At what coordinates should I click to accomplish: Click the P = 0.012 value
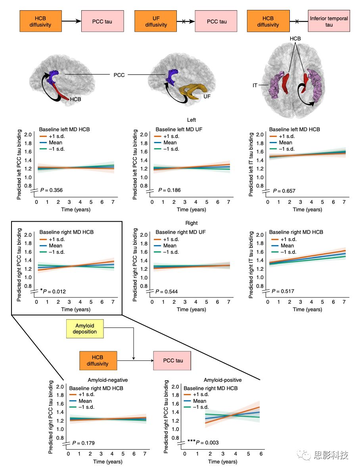click(x=53, y=292)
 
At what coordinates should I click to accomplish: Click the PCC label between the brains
click(x=119, y=75)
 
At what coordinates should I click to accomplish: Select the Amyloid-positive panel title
click(x=223, y=380)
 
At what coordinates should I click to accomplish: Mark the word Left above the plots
click(x=191, y=119)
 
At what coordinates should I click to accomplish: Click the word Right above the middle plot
click(x=191, y=223)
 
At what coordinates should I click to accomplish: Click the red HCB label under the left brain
click(x=75, y=100)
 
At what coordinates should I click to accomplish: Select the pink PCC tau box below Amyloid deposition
click(x=172, y=361)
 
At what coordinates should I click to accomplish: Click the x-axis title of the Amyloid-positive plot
click(x=223, y=461)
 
